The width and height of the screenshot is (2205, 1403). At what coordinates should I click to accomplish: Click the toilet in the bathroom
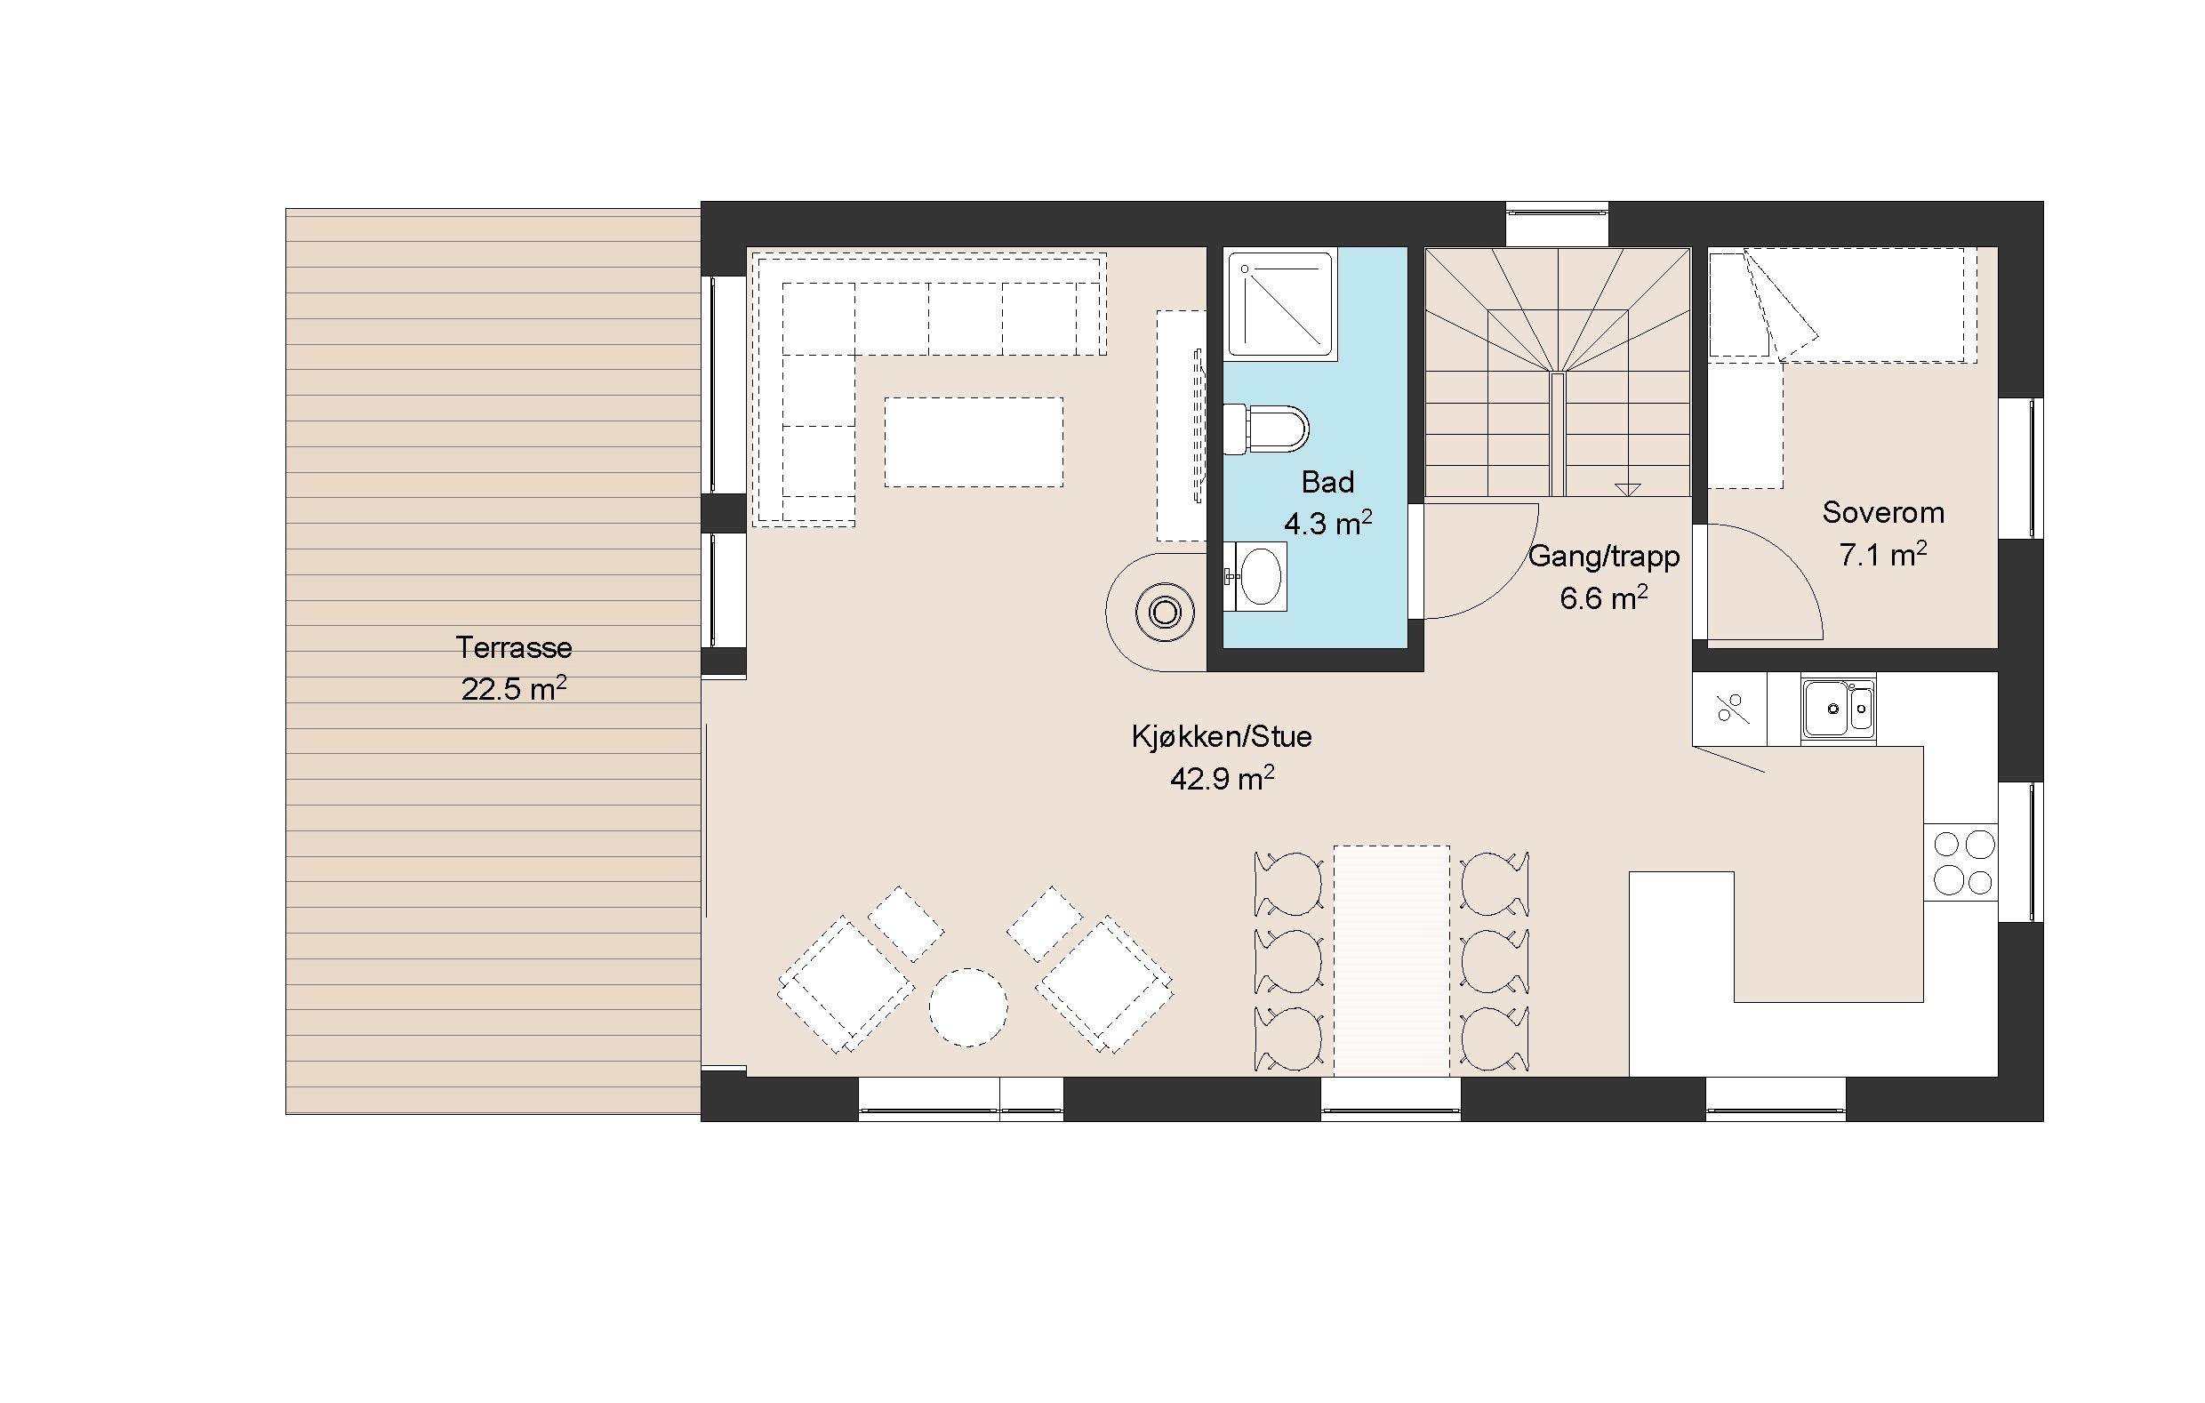tap(1266, 429)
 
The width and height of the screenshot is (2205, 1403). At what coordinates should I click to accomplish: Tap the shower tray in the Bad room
tap(1282, 304)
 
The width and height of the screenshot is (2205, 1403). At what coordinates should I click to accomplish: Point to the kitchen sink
tap(1838, 708)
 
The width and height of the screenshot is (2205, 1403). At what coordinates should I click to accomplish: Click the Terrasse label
tap(514, 647)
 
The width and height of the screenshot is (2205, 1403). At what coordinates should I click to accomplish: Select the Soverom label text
tap(1882, 512)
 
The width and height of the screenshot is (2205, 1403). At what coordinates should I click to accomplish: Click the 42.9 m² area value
tap(1222, 779)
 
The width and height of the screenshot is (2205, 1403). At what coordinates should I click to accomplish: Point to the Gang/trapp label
tap(1603, 557)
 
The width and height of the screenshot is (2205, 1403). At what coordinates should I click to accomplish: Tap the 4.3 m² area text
tap(1327, 523)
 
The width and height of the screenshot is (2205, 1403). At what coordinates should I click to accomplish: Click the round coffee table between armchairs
tap(968, 1007)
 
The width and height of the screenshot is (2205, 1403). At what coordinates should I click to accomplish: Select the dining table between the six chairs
tap(1391, 960)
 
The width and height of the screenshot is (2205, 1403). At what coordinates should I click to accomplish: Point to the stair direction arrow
tap(1627, 489)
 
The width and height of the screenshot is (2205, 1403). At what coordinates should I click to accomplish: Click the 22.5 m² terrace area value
tap(514, 689)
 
